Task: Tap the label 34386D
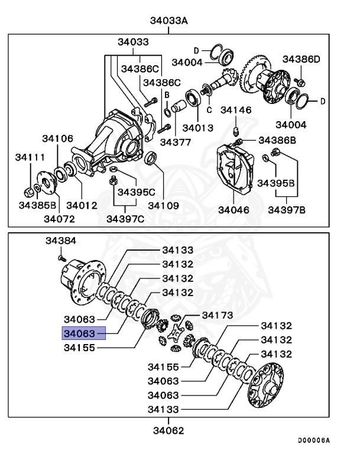tap(300, 59)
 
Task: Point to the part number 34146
tap(236, 110)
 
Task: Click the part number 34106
tap(57, 138)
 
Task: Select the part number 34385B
tap(37, 205)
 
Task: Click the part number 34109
tap(163, 205)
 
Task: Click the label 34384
tap(61, 241)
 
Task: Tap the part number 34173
tap(218, 315)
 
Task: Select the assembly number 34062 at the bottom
tap(167, 430)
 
